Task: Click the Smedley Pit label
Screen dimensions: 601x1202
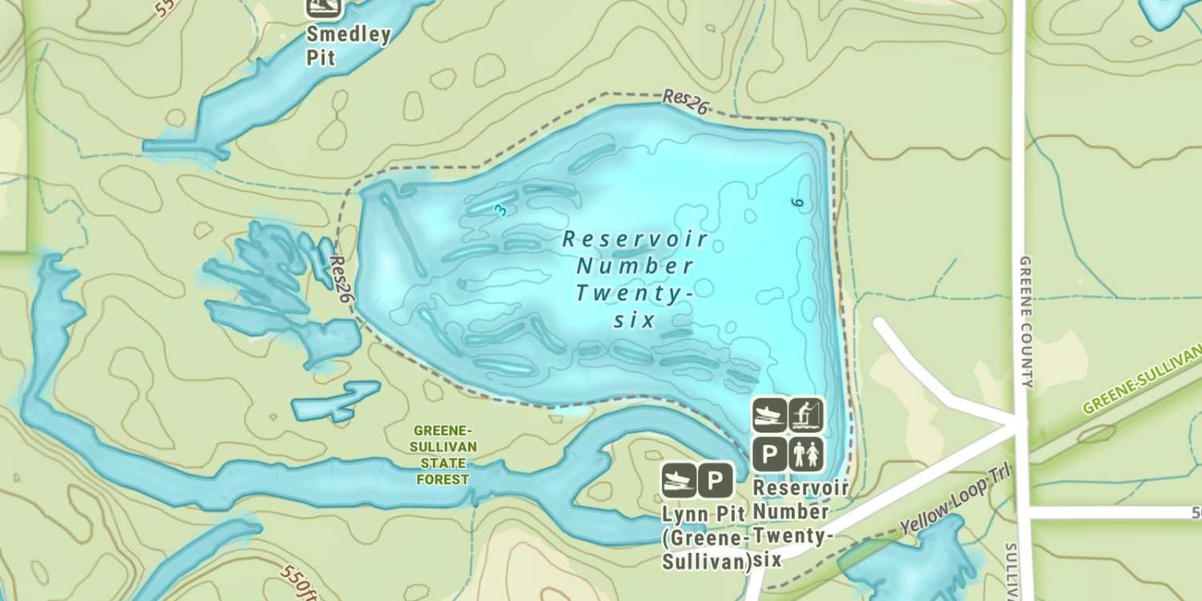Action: coord(348,46)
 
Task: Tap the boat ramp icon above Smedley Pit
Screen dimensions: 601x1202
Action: coord(324,7)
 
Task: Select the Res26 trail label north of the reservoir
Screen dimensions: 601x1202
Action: coord(684,103)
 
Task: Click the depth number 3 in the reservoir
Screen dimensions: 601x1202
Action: coord(502,210)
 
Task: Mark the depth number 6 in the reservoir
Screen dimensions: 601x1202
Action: coord(796,204)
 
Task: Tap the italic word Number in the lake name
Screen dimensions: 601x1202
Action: coord(635,265)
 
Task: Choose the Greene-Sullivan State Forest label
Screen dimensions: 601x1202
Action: coord(443,454)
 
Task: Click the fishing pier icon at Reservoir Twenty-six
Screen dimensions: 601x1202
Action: coord(806,414)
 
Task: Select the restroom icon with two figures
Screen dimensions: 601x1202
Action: coord(806,454)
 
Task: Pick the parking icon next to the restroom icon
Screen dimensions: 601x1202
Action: coord(769,454)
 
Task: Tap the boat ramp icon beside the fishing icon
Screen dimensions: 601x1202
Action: coord(769,414)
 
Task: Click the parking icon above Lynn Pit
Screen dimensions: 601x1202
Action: coord(715,481)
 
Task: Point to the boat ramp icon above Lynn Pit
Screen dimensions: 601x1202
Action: coord(678,481)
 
